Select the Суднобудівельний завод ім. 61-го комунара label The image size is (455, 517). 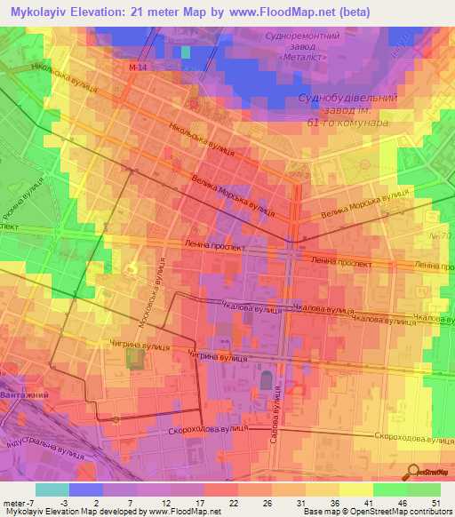tap(347, 111)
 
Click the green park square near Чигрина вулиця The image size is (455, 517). tap(134, 359)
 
